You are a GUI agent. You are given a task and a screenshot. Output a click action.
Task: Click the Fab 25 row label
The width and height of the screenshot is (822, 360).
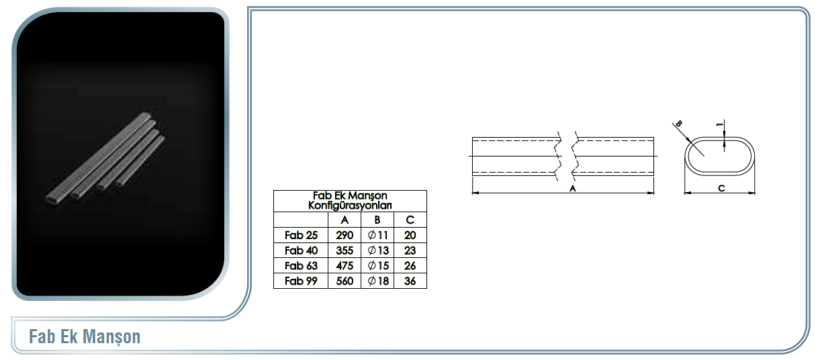tap(301, 235)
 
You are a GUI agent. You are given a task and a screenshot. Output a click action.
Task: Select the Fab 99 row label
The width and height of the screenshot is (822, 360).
tap(301, 281)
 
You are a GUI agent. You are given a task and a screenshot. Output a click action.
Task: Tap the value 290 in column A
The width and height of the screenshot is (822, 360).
tap(345, 235)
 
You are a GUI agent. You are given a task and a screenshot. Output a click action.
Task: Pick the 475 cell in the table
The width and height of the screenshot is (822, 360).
tap(345, 265)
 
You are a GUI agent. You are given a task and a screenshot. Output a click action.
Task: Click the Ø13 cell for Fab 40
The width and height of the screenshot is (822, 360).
tap(378, 251)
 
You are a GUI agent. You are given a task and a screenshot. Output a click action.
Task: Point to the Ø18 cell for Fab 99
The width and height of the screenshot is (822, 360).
tap(378, 281)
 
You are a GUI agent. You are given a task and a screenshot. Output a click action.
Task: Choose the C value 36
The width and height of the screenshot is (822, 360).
tap(410, 281)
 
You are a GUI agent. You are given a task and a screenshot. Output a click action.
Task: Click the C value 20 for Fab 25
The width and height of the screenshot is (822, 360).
tap(410, 235)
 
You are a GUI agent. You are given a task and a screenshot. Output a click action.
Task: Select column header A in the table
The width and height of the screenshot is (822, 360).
tap(345, 220)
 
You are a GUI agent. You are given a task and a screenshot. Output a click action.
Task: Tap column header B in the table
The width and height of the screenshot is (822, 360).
tap(377, 220)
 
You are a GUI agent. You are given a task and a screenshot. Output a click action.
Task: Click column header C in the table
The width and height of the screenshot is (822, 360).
tap(410, 220)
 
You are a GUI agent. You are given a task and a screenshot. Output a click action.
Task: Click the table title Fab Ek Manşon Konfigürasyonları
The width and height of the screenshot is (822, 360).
tap(350, 200)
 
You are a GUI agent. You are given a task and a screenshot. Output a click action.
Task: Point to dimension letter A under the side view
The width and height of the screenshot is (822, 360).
tap(572, 188)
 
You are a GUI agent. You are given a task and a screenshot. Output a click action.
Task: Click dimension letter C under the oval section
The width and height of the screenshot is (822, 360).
tap(721, 188)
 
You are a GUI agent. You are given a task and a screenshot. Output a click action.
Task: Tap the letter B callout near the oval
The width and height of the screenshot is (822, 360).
tap(679, 124)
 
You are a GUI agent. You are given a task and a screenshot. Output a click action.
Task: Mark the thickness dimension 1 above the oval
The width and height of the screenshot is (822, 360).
tap(720, 125)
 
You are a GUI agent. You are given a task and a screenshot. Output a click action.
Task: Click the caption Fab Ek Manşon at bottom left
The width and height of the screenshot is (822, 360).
tap(85, 336)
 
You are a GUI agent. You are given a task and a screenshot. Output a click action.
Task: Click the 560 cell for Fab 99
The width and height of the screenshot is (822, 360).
tap(345, 281)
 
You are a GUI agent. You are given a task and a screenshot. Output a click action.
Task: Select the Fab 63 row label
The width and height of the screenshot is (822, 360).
tap(301, 265)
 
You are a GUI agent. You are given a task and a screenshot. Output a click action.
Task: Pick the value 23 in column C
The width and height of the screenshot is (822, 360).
tap(410, 251)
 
